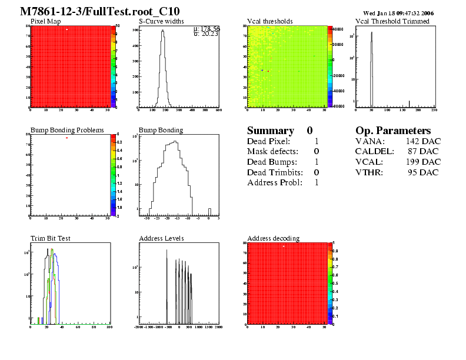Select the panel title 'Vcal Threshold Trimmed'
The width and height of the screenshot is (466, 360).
coord(392,21)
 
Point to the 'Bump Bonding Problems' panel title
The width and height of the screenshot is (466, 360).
coord(67,130)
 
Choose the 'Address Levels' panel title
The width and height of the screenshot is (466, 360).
coord(161,238)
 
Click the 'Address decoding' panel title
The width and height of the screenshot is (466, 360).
coord(273,238)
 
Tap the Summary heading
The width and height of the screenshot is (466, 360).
coord(270,131)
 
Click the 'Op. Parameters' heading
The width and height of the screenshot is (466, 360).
coord(393,131)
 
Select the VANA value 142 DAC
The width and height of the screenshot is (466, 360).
coord(423,141)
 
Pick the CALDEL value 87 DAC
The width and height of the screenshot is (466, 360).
coord(425,152)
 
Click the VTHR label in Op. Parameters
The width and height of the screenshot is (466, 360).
coord(370,172)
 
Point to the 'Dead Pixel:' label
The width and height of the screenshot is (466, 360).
coord(268,141)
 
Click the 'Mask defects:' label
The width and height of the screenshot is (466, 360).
coord(272,152)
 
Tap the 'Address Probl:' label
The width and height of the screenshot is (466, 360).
coord(274,182)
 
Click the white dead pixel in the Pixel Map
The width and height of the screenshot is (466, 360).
coord(67,29)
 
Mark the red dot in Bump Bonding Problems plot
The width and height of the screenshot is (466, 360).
coord(67,138)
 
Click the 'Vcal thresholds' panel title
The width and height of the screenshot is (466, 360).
coord(269,21)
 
